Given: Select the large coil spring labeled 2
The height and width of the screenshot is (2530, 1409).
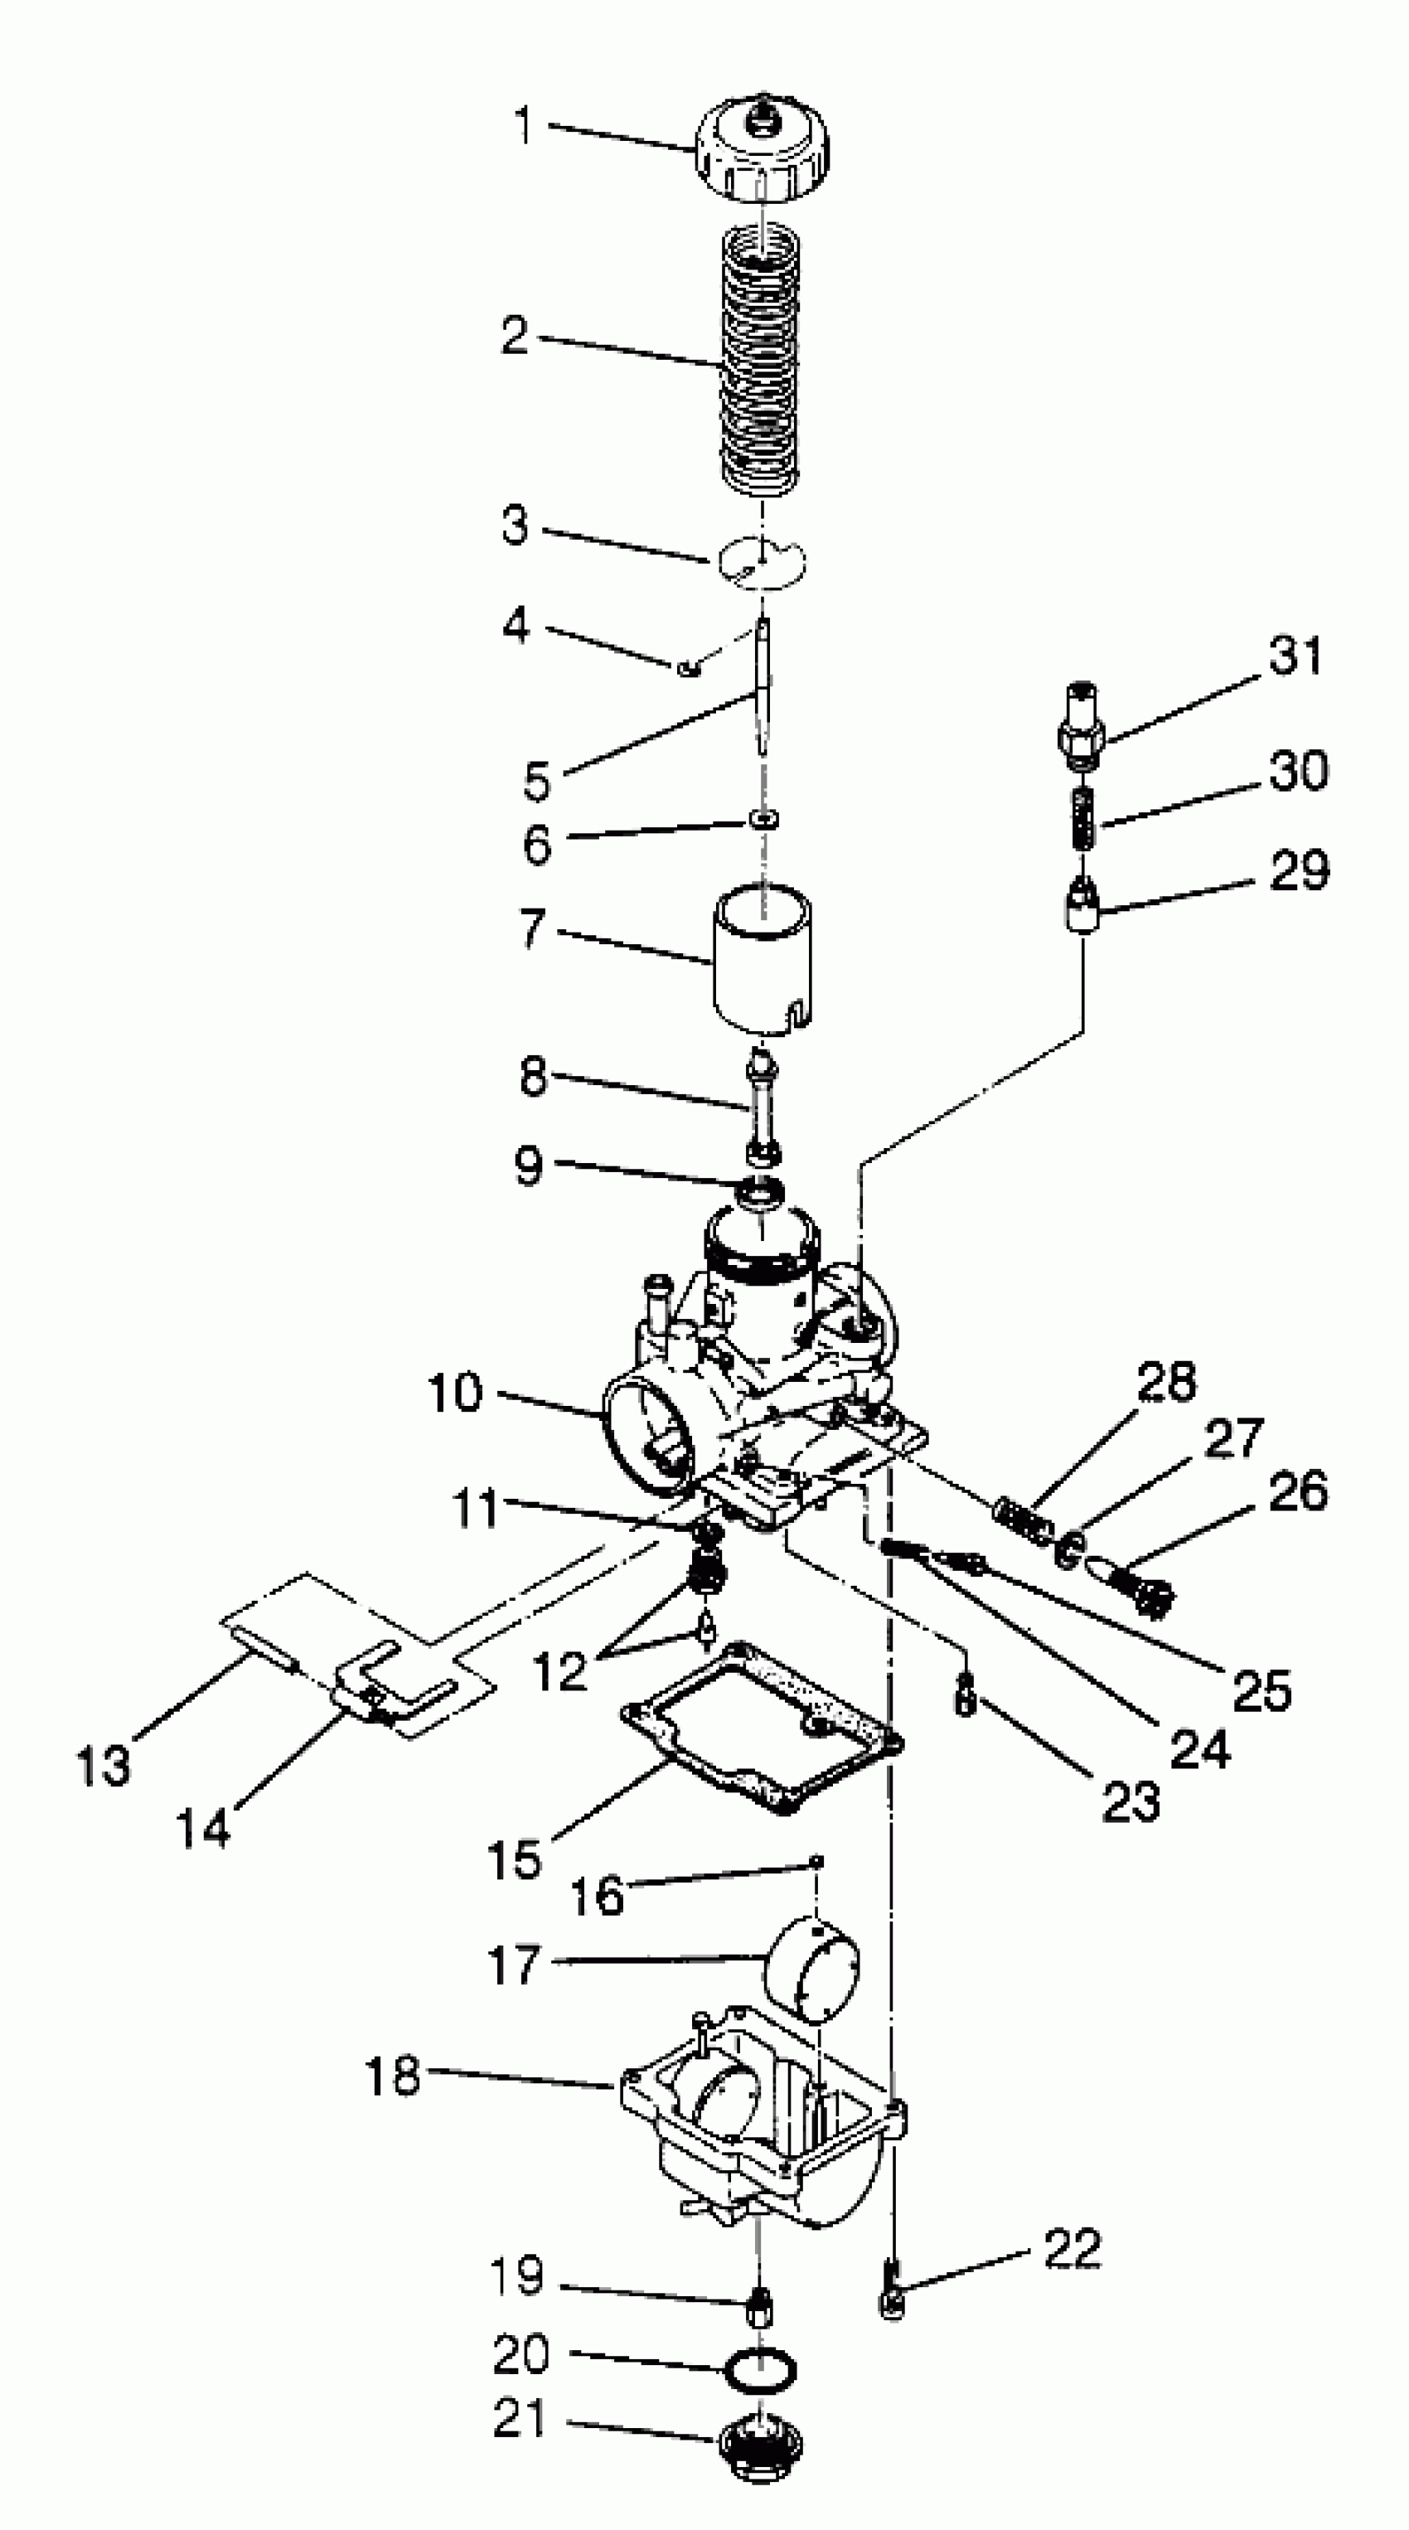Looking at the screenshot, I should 762,358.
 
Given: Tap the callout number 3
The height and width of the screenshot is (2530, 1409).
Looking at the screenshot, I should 515,526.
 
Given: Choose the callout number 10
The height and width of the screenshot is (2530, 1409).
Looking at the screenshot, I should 456,1393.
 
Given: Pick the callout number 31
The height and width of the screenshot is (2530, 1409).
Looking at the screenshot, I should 1296,656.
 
